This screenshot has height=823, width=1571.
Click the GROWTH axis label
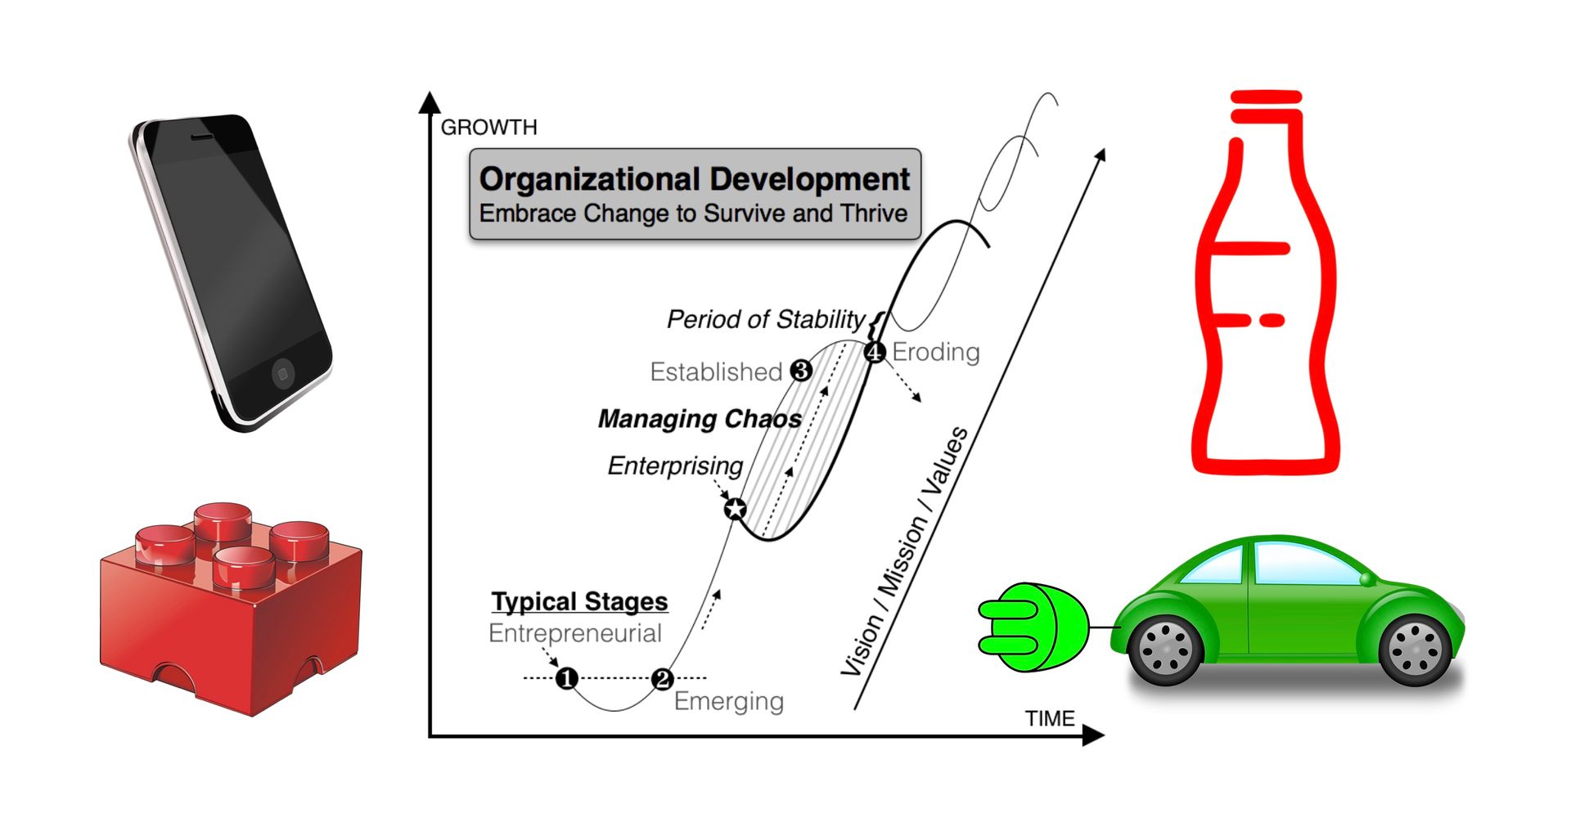[x=488, y=128]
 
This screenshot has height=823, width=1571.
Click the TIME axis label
[x=1050, y=718]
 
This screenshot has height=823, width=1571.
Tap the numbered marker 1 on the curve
[x=566, y=678]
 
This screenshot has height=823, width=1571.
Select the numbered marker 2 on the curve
[x=662, y=678]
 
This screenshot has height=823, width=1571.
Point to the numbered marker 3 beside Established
[x=801, y=371]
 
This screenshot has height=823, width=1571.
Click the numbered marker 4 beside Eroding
[x=875, y=352]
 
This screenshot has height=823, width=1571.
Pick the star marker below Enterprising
[x=736, y=509]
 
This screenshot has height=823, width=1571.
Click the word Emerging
[x=728, y=701]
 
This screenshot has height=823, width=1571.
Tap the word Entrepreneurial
[x=574, y=633]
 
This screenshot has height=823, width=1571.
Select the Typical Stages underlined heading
[x=579, y=601]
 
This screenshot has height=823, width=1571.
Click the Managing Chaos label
[x=700, y=419]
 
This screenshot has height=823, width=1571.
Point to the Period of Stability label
[x=765, y=319]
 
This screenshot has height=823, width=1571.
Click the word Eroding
[x=935, y=352]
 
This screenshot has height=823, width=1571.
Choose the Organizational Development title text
[x=695, y=179]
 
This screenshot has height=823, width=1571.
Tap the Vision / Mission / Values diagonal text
[x=905, y=552]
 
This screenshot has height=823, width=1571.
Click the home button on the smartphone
[x=282, y=374]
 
